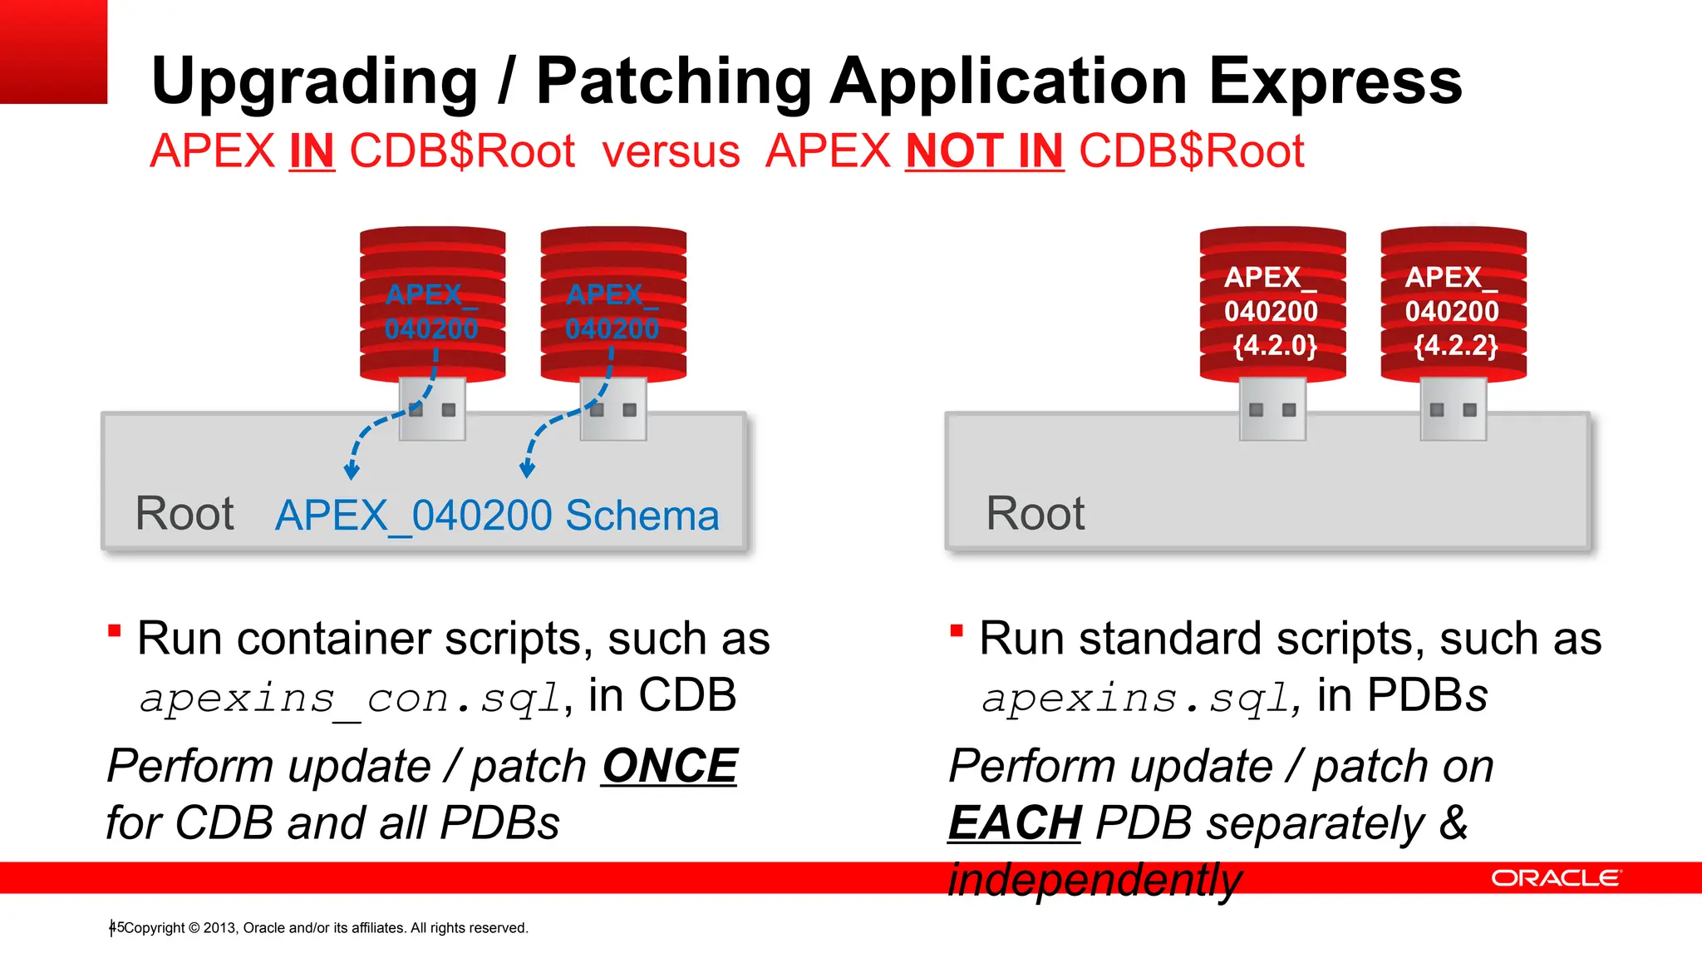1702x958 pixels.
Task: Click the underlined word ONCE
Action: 670,765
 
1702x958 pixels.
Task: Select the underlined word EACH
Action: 1015,822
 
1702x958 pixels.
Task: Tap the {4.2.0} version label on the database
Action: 1275,344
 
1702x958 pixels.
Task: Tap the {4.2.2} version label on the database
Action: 1456,344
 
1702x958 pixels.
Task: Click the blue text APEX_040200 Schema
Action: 497,516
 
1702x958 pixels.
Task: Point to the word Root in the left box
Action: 184,513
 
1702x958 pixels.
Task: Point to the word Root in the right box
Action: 1035,513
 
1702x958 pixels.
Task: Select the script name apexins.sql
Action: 1135,698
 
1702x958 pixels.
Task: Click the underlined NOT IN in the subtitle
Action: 984,151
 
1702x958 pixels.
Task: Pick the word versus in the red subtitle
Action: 671,152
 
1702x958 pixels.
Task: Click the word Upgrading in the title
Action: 314,81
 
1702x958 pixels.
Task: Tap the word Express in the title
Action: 1335,81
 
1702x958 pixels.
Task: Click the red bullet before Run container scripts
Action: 115,630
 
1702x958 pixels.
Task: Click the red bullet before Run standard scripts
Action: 957,630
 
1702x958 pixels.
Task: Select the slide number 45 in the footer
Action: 116,927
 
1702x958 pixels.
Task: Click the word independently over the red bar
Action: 1094,880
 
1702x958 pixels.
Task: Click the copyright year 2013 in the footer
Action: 220,928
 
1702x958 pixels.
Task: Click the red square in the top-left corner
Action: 53,52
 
